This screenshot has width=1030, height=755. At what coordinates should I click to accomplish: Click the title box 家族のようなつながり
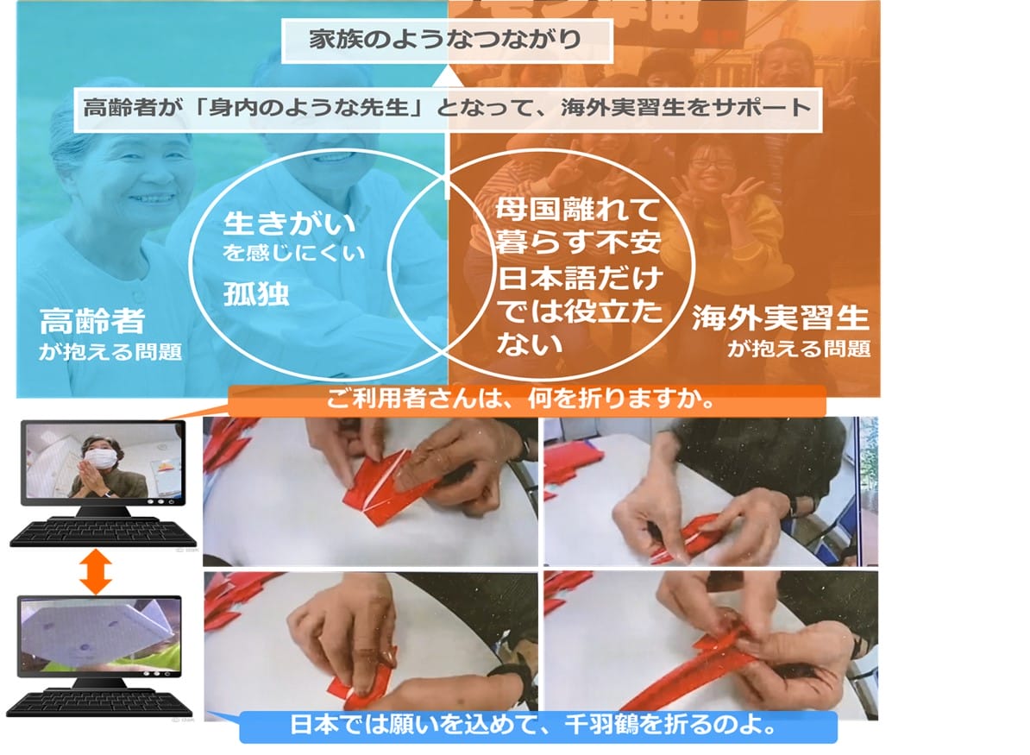(447, 40)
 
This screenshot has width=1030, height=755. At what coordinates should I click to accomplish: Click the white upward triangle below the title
(448, 77)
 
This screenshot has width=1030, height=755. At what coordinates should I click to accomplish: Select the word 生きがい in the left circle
(288, 224)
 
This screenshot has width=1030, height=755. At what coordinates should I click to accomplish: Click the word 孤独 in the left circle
(255, 293)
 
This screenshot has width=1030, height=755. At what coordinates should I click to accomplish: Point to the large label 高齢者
(92, 321)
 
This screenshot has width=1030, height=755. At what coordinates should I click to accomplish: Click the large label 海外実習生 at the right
(781, 318)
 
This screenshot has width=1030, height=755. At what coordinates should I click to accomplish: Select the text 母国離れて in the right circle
(577, 210)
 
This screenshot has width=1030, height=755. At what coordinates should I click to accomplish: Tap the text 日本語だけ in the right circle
(580, 279)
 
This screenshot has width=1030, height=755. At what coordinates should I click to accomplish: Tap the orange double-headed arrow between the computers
(96, 571)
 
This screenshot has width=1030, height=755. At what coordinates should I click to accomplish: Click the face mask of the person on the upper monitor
(104, 457)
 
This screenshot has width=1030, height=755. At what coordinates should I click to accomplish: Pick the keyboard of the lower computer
(99, 703)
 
